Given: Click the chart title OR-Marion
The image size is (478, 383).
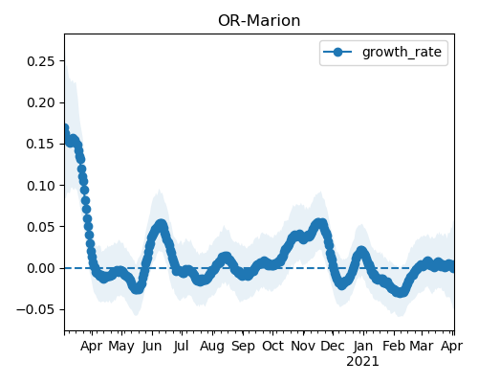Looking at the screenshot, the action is (x=259, y=21).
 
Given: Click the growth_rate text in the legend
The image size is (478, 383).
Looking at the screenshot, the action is (x=402, y=52).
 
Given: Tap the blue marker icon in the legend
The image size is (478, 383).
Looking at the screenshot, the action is (x=337, y=52).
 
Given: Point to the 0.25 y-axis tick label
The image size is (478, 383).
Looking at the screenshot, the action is (x=40, y=61).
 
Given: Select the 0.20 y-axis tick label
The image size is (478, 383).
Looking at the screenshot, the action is (x=40, y=102).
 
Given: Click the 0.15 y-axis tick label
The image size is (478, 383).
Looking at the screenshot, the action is (x=40, y=144).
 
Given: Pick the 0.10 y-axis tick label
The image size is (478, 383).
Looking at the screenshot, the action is (x=40, y=186).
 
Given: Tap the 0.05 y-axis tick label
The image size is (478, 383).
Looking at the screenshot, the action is (x=40, y=227).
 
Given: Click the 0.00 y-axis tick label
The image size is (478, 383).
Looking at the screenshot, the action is (x=40, y=268).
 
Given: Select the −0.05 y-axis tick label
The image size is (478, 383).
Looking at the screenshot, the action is (x=35, y=309).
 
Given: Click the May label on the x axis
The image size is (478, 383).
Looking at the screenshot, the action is (x=121, y=347).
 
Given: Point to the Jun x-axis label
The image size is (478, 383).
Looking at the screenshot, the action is (x=152, y=347).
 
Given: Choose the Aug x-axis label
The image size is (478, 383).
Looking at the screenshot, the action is (x=212, y=347).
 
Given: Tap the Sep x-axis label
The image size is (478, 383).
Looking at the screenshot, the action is (x=243, y=347).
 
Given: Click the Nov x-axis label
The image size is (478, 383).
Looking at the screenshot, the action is (x=303, y=347).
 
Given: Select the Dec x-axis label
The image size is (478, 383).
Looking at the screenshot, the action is (x=333, y=347).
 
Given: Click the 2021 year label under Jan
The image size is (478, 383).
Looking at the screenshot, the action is (x=362, y=362).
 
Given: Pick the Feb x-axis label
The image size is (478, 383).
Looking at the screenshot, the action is (x=394, y=347).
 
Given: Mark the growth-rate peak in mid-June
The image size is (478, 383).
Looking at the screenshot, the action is (x=162, y=224).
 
